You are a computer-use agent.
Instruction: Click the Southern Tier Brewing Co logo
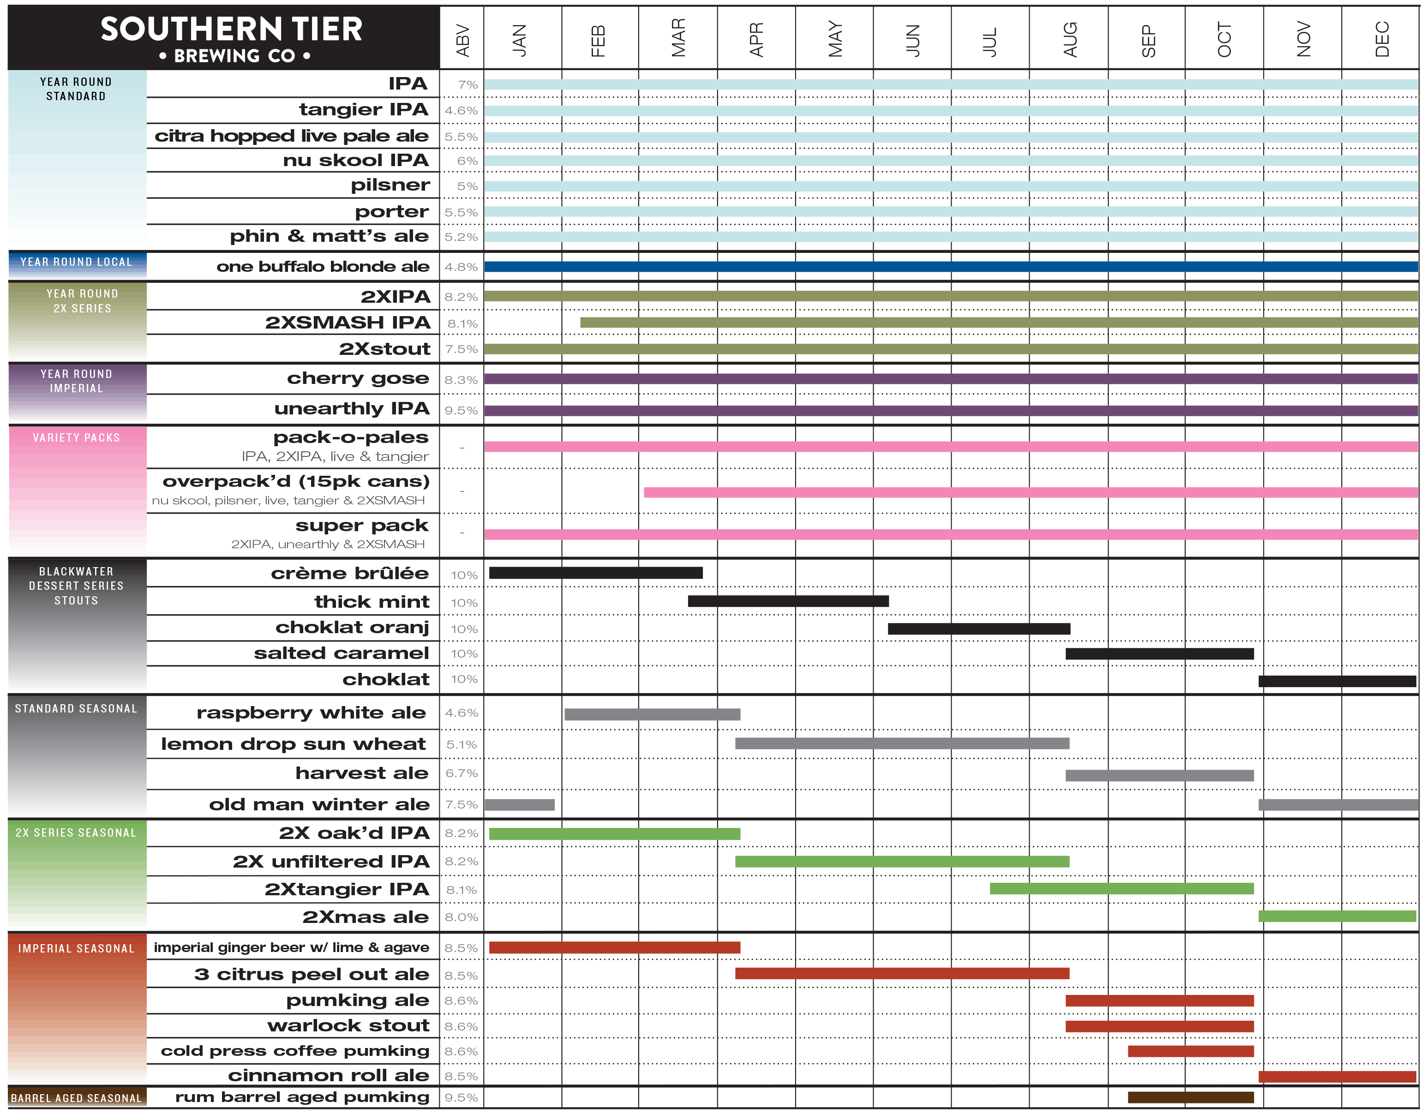(x=231, y=38)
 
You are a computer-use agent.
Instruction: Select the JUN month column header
(x=912, y=39)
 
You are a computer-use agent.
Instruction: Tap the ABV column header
(x=462, y=39)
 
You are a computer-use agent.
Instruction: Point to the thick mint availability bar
(x=788, y=601)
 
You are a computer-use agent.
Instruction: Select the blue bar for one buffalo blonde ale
(x=951, y=267)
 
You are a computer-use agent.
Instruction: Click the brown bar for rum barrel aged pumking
(x=1190, y=1097)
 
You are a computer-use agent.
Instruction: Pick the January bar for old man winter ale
(x=520, y=805)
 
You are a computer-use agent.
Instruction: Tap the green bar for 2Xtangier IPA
(x=1121, y=889)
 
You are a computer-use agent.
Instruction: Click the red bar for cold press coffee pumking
(x=1190, y=1051)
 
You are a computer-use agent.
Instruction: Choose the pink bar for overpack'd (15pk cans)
(x=1031, y=492)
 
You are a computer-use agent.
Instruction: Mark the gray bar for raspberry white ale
(x=652, y=714)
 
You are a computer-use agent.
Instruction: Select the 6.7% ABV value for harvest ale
(x=462, y=773)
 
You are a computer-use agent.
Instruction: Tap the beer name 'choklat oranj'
(x=352, y=627)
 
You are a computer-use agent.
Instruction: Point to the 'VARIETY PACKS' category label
(x=77, y=438)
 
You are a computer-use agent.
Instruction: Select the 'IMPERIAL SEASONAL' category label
(x=77, y=949)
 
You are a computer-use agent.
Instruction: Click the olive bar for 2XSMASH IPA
(x=998, y=323)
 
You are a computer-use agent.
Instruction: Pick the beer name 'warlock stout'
(x=348, y=1026)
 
